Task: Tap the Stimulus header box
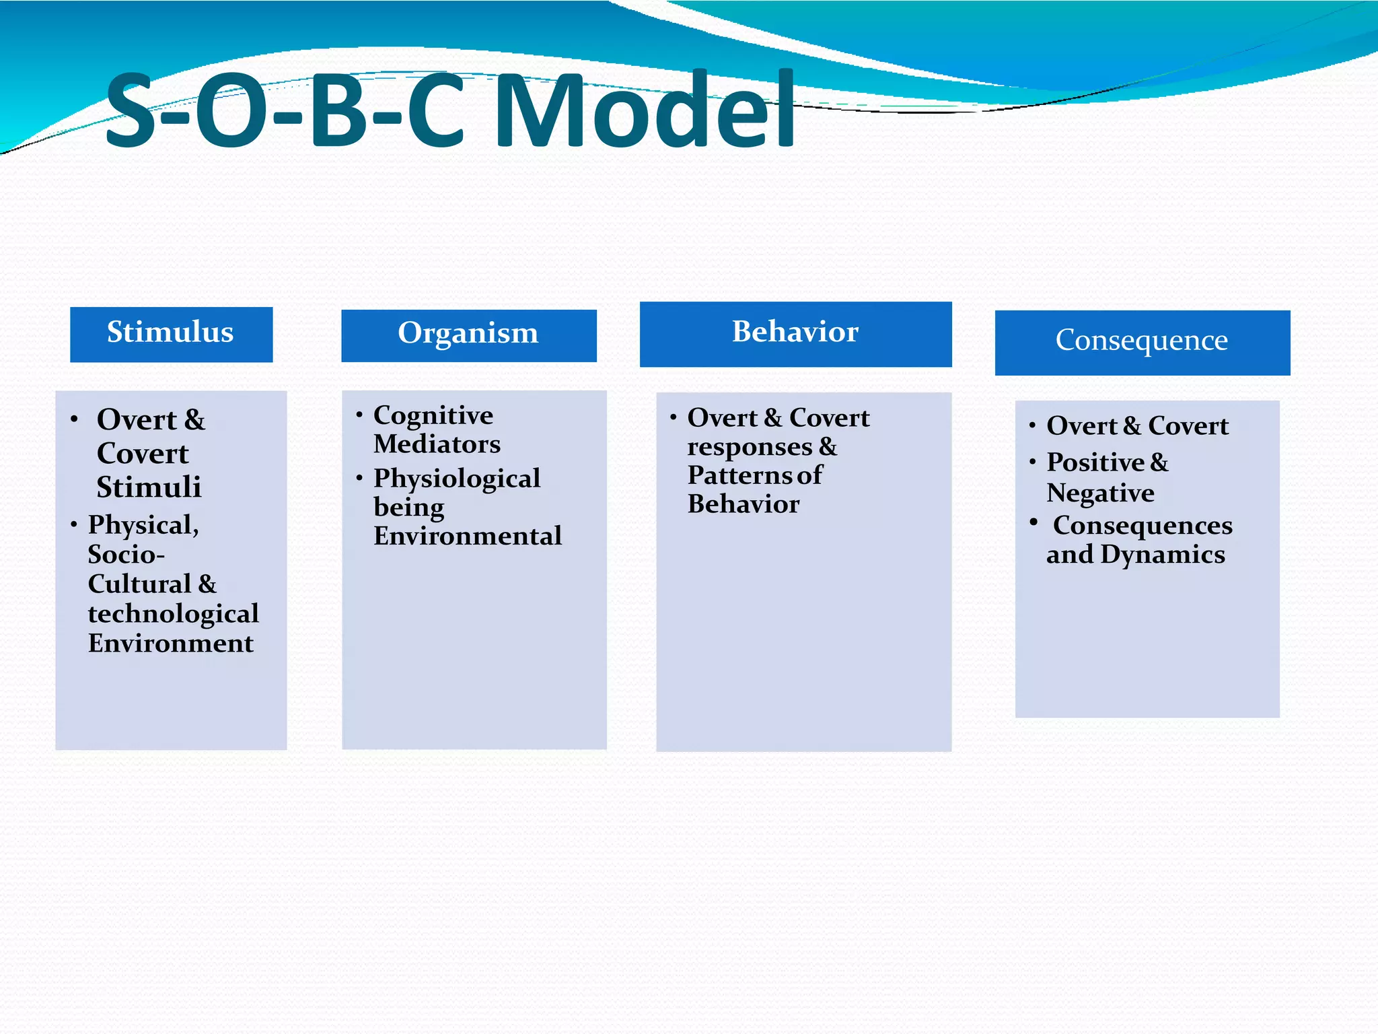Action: [171, 334]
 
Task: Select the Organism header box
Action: [468, 335]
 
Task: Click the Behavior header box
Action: [795, 334]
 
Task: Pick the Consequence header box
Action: [1142, 342]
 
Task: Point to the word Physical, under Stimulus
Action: [143, 525]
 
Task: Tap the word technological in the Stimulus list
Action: [173, 614]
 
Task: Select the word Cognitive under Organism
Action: [433, 416]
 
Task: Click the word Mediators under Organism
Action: [437, 444]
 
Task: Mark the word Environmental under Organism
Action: [467, 537]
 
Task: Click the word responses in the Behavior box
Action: [750, 448]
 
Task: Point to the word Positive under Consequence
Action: [1095, 463]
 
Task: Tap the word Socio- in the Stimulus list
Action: [126, 555]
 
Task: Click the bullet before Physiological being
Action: [359, 478]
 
